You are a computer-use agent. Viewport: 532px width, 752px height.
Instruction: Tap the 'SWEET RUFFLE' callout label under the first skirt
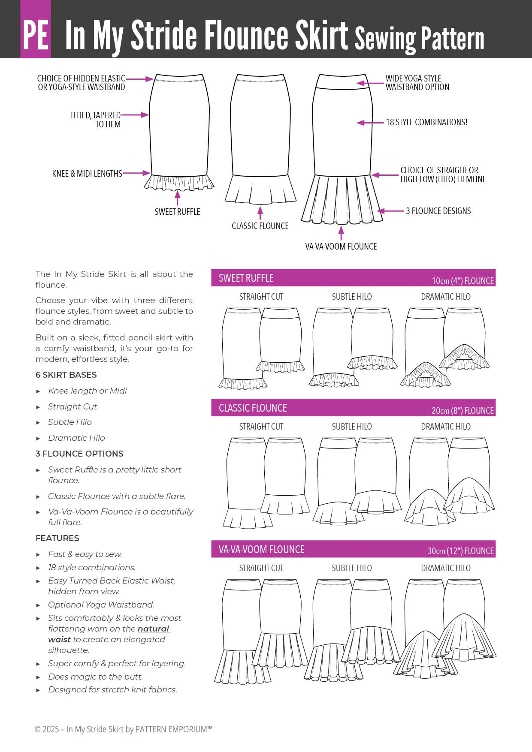177,212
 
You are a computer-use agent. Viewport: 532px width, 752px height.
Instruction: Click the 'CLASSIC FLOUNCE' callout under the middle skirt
260,226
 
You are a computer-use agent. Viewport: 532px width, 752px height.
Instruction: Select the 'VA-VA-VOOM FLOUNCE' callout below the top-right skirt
341,247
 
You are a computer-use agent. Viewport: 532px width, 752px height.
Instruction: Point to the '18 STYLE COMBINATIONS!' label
426,122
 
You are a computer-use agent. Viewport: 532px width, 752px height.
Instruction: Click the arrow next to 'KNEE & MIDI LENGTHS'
136,173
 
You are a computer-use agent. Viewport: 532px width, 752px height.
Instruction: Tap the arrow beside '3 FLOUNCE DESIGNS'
390,211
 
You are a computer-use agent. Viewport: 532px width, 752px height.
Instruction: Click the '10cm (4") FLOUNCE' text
462,281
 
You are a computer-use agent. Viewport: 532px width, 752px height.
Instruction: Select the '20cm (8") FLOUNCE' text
462,411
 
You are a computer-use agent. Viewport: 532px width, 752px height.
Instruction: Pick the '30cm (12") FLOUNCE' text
460,551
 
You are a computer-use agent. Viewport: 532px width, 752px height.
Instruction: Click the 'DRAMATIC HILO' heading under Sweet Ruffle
445,297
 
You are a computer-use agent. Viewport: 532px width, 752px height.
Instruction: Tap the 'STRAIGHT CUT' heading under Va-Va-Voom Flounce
261,568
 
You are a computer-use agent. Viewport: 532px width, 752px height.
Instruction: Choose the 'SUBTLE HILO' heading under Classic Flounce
351,427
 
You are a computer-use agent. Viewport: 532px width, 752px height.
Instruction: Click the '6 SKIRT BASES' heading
66,375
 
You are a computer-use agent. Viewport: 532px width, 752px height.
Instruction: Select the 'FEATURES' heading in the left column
57,538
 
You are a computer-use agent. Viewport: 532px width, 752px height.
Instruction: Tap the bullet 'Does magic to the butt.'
95,677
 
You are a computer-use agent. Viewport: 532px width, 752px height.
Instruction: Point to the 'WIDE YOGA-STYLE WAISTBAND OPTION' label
417,83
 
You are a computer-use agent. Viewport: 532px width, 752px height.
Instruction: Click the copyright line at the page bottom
124,729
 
